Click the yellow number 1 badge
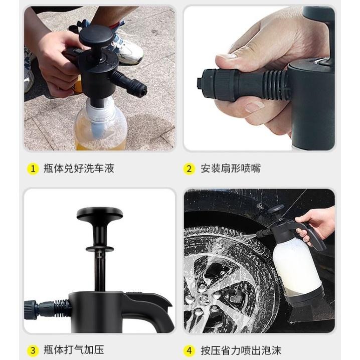coord(33,168)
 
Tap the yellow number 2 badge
coord(189,168)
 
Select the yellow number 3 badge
coord(33,350)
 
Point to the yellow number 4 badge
coord(189,350)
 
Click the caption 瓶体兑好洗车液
coord(79,168)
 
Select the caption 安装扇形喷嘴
coord(230,168)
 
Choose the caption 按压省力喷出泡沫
coord(240,350)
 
